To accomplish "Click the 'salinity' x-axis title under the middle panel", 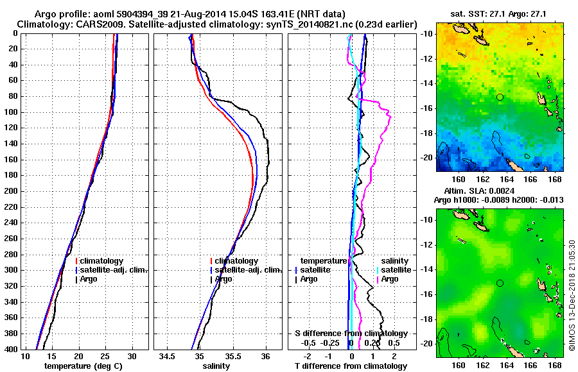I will point(216,366).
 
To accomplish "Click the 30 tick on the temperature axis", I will point(132,356).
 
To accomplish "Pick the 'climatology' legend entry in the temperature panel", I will point(107,261).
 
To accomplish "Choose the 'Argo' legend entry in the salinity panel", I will point(223,279).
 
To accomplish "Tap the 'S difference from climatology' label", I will point(351,334).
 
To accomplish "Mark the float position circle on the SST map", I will point(500,97).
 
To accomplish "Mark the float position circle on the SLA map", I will point(500,283).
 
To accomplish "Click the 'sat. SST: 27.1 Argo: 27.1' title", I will point(499,13).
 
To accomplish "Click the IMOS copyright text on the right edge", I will point(572,295).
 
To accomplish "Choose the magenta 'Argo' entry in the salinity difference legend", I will point(390,279).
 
